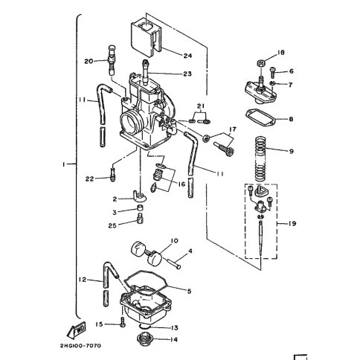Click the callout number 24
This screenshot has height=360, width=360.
click(187, 56)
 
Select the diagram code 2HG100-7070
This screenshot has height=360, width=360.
click(80, 346)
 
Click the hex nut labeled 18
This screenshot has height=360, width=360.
click(261, 62)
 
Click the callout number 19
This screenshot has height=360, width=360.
click(292, 224)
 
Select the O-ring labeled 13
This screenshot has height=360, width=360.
click(144, 327)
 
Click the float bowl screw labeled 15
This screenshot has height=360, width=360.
click(122, 322)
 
